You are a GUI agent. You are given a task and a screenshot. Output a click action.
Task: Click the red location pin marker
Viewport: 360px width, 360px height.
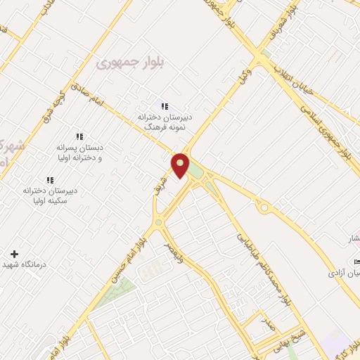180,166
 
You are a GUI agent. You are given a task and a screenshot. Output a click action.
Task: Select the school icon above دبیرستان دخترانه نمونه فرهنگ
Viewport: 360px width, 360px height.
165,106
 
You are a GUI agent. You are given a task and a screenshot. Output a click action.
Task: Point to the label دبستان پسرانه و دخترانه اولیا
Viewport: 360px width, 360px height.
79,153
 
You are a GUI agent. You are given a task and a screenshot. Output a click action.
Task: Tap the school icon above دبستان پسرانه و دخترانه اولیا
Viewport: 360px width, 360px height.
79,136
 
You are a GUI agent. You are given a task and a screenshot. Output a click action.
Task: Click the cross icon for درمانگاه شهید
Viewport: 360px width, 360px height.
14,253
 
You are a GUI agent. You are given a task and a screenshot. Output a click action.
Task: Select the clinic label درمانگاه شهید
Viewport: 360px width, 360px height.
45,264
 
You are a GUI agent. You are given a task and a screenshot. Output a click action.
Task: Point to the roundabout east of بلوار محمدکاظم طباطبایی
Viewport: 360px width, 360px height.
265,207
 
